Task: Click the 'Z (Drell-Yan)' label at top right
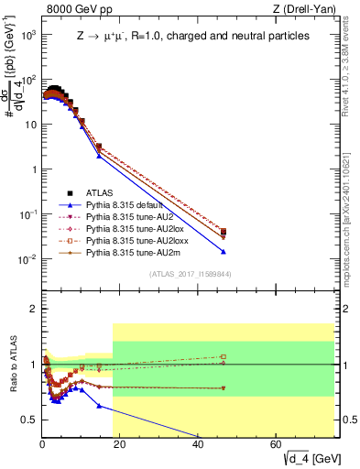tap(301, 8)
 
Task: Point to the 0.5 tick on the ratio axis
tap(29, 420)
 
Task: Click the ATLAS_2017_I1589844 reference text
tap(190, 274)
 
